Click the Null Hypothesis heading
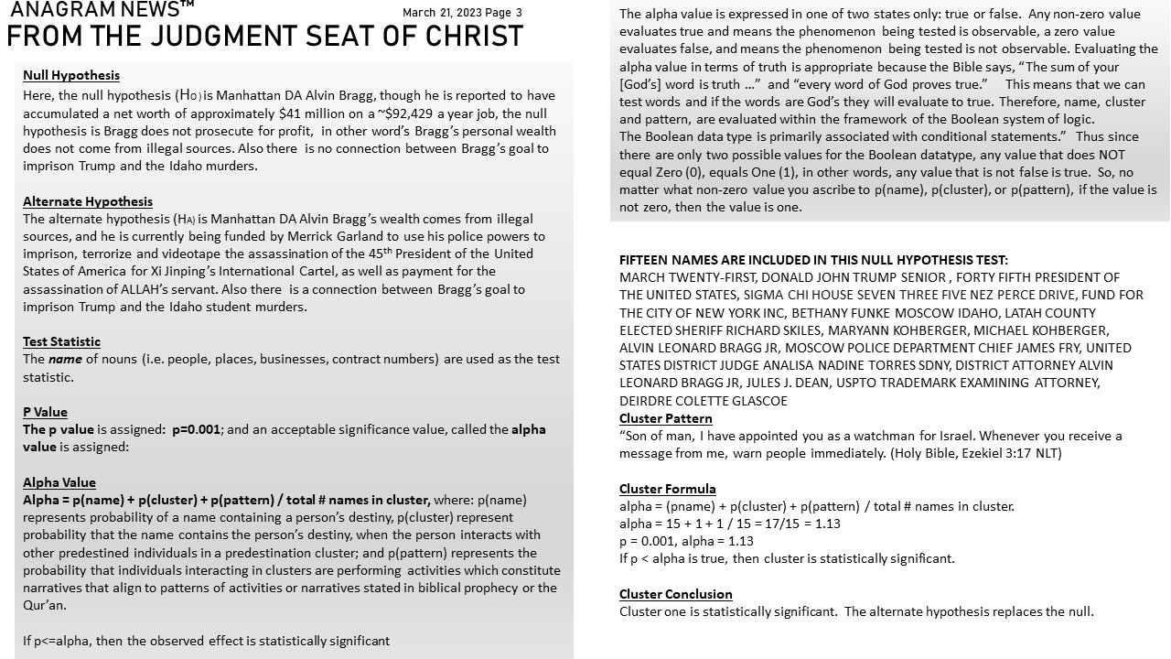tap(71, 75)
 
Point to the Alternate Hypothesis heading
tap(88, 201)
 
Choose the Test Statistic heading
tap(61, 341)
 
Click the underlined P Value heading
tap(45, 412)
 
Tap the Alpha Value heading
tap(59, 482)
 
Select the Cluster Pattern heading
tap(665, 418)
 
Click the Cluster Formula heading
tap(668, 489)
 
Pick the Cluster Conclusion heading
tap(676, 594)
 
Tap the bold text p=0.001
tap(196, 429)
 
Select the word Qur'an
tap(45, 605)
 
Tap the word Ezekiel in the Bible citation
tap(961, 453)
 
